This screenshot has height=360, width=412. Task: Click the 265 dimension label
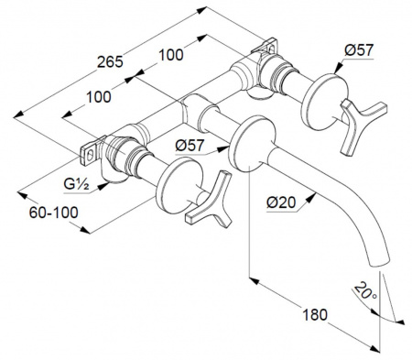(x=110, y=62)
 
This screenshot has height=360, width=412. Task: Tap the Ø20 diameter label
(x=281, y=202)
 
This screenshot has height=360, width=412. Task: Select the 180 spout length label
(x=315, y=315)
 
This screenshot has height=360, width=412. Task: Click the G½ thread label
(x=76, y=184)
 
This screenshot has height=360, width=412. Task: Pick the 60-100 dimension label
(x=54, y=213)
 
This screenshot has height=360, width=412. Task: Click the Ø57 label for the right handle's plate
(x=359, y=50)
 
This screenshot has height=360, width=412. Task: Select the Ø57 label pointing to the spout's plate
(x=190, y=146)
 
